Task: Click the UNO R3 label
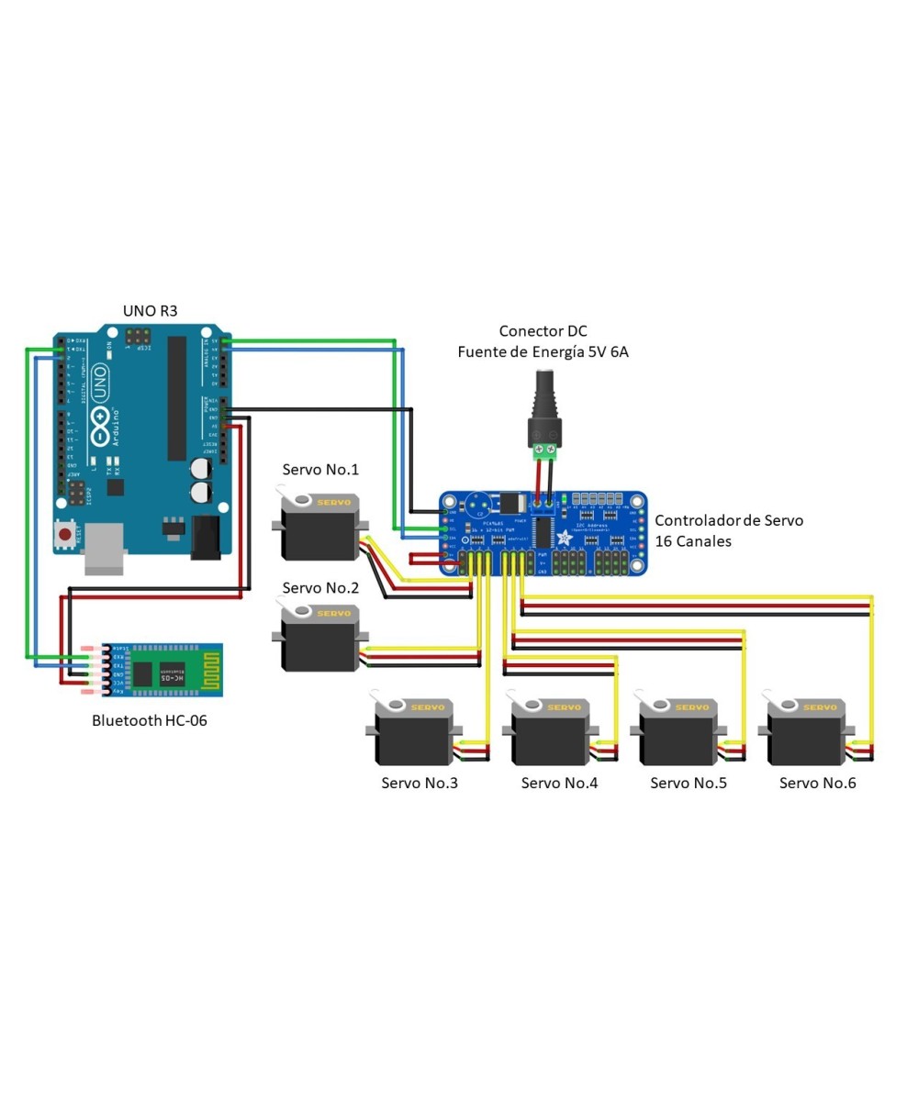(151, 311)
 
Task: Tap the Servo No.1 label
(320, 470)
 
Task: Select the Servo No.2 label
(320, 587)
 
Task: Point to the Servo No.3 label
(420, 783)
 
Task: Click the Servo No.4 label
(559, 783)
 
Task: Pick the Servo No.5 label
(688, 783)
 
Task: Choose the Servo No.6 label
(818, 783)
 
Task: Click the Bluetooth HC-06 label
(150, 720)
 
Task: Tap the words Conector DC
(543, 331)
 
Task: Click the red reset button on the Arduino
(65, 533)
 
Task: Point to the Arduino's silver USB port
(104, 550)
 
